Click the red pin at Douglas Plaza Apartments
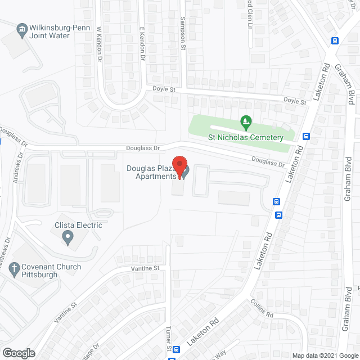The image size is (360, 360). tap(179, 166)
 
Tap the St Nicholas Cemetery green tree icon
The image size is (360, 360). tap(245, 121)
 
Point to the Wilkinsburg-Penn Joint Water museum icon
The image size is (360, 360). tap(22, 29)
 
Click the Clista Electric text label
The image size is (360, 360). tap(78, 226)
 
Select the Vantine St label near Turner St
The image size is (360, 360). tap(146, 268)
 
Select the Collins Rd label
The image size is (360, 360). tap(262, 307)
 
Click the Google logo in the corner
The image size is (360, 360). tap(18, 353)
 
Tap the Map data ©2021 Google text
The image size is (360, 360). tap(325, 355)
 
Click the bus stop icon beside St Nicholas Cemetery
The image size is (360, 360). tap(307, 136)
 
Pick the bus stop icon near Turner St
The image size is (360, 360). tap(176, 349)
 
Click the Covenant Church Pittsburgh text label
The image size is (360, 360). tap(51, 271)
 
